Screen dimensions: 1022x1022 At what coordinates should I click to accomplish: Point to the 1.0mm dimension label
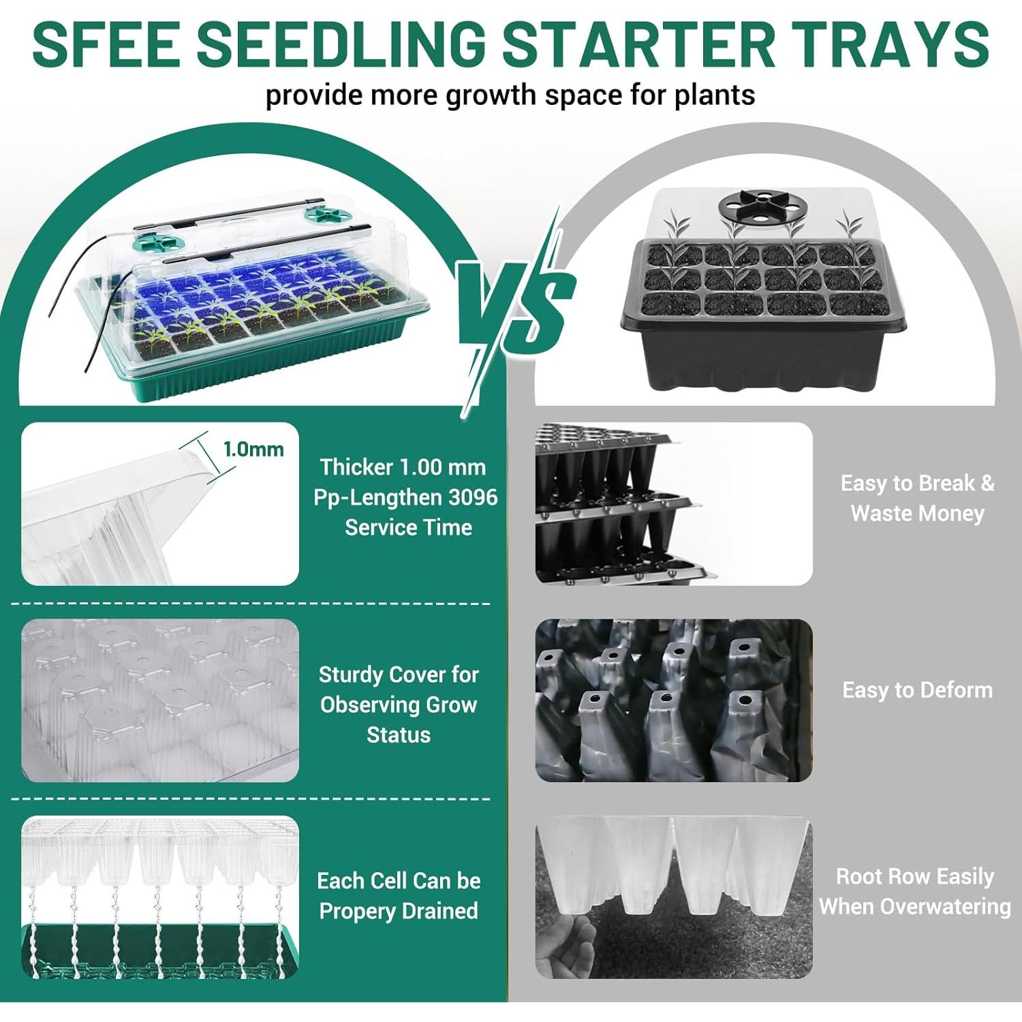click(x=253, y=450)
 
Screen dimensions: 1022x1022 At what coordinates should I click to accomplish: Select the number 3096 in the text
click(x=473, y=497)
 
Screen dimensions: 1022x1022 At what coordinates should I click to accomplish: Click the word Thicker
click(x=357, y=467)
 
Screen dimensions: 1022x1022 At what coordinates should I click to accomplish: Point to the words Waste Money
click(x=917, y=513)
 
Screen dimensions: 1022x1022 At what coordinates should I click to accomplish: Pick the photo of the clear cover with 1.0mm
click(x=159, y=504)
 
